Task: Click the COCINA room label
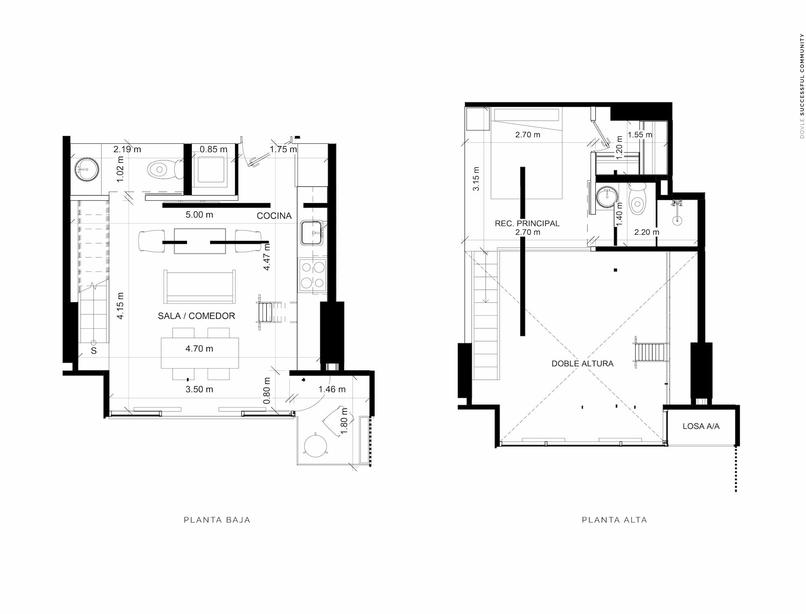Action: point(274,216)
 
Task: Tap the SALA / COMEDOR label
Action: point(196,316)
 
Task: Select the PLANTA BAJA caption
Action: point(217,520)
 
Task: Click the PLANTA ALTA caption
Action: point(615,520)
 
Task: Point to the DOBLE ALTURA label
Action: point(582,363)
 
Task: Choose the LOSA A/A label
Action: point(701,426)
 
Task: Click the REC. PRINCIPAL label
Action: point(527,223)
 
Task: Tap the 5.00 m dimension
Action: point(199,215)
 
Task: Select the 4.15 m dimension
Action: point(120,306)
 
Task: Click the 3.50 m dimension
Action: point(199,389)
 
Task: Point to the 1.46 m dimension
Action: point(332,389)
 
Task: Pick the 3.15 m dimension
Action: point(476,179)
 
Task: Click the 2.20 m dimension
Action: point(647,232)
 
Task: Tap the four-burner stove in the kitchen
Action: point(312,275)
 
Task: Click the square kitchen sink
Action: point(312,233)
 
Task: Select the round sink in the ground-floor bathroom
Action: point(86,169)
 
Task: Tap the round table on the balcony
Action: point(315,445)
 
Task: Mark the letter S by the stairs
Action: point(94,351)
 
